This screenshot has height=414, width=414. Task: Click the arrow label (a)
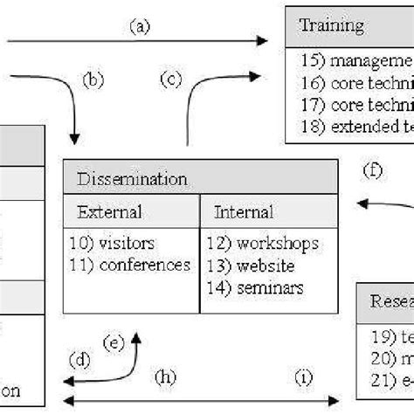click(140, 27)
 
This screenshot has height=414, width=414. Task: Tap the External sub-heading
click(109, 211)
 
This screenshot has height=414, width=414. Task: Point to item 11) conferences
click(128, 263)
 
